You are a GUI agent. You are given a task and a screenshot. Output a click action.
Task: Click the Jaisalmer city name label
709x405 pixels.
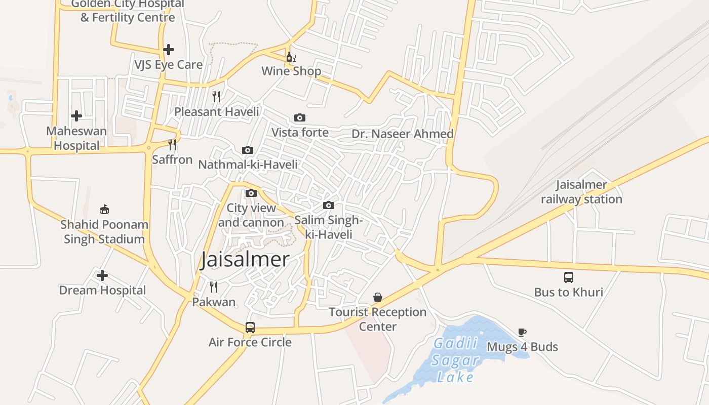[x=245, y=260]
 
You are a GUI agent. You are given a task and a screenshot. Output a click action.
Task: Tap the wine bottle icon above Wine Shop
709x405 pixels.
[x=291, y=57]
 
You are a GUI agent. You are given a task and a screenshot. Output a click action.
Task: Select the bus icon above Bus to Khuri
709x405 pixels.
[x=569, y=277]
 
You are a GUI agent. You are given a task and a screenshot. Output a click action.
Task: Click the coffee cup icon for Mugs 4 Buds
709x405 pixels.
[x=522, y=332]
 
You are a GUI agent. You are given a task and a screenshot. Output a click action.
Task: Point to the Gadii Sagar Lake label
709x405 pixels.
[x=455, y=360]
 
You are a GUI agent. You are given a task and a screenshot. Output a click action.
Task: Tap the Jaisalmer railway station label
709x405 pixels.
[x=581, y=192]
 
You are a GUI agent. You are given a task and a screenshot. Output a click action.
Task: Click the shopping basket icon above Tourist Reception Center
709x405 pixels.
[x=378, y=297]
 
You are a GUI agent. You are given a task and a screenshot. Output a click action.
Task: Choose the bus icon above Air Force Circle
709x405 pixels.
[x=250, y=327]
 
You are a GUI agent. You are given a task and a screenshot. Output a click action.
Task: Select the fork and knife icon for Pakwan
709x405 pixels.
[x=214, y=287]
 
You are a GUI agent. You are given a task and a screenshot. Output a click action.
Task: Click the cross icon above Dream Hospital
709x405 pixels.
[x=102, y=275]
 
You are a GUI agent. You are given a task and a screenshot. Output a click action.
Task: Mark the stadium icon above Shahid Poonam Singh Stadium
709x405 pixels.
[x=104, y=209]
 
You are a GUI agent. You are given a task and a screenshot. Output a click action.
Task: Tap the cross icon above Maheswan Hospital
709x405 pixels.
[x=76, y=116]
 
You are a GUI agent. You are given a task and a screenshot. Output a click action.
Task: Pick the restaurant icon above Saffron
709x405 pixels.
[x=172, y=145]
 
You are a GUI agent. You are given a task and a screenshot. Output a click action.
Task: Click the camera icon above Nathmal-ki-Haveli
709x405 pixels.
[x=248, y=150]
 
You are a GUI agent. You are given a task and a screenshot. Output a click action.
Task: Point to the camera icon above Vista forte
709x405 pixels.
[x=300, y=117]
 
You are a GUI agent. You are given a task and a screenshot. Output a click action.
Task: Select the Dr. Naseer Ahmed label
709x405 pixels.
[x=403, y=134]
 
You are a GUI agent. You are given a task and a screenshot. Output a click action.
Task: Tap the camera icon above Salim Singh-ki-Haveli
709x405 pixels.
[x=329, y=205]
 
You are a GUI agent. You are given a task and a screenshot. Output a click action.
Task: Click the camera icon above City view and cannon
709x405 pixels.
[x=251, y=193]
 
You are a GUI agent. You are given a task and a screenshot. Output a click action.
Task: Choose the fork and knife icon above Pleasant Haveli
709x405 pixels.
[x=216, y=97]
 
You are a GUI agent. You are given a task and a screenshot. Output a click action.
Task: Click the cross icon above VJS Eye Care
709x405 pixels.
[x=169, y=50]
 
